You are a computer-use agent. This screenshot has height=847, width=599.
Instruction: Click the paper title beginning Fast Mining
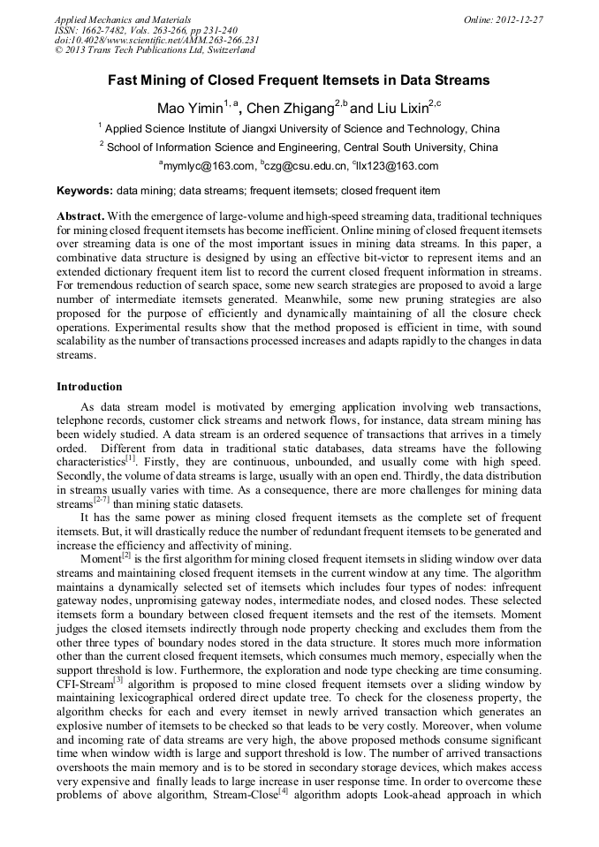click(x=299, y=80)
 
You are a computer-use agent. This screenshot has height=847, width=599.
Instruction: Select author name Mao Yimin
click(x=187, y=110)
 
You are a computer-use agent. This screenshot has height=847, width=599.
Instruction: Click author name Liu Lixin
click(x=400, y=110)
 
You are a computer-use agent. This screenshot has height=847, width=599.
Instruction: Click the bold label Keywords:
click(x=85, y=191)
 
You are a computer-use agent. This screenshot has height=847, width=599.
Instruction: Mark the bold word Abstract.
click(x=80, y=216)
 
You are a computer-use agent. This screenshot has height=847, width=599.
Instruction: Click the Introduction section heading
click(x=89, y=387)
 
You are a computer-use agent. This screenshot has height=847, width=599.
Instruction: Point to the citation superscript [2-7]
click(x=102, y=499)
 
